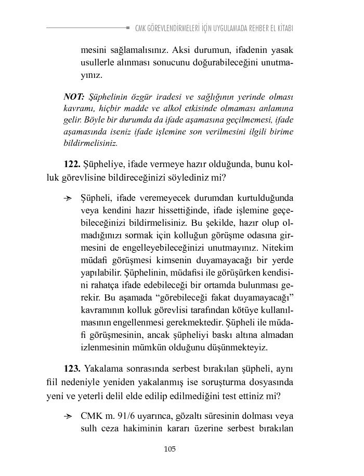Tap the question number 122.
point(72,165)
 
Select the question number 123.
point(72,369)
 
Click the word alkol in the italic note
point(201,108)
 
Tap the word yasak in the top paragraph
point(283,50)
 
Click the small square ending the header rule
point(128,28)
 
